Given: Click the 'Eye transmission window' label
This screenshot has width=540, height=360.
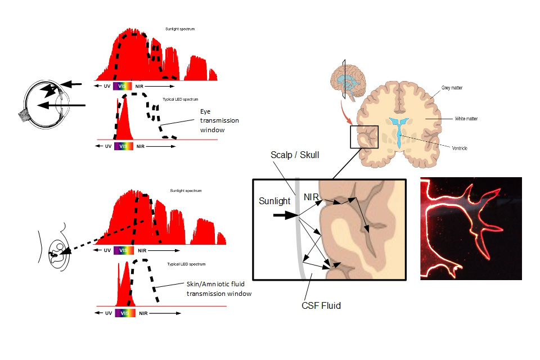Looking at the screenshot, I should pyautogui.click(x=219, y=120).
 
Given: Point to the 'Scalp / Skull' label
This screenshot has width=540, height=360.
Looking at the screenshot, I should pyautogui.click(x=295, y=154).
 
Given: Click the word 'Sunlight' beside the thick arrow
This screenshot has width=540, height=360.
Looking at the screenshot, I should pyautogui.click(x=274, y=200).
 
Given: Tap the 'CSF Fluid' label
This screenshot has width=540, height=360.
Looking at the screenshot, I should pyautogui.click(x=321, y=305).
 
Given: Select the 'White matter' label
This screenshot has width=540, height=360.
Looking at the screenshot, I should pyautogui.click(x=466, y=119).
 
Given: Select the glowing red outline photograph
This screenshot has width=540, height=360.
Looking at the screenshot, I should pyautogui.click(x=471, y=228).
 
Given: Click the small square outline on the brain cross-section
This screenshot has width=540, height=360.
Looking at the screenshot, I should pyautogui.click(x=364, y=137).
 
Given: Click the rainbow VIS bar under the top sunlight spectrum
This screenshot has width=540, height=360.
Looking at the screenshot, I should pyautogui.click(x=123, y=86).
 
